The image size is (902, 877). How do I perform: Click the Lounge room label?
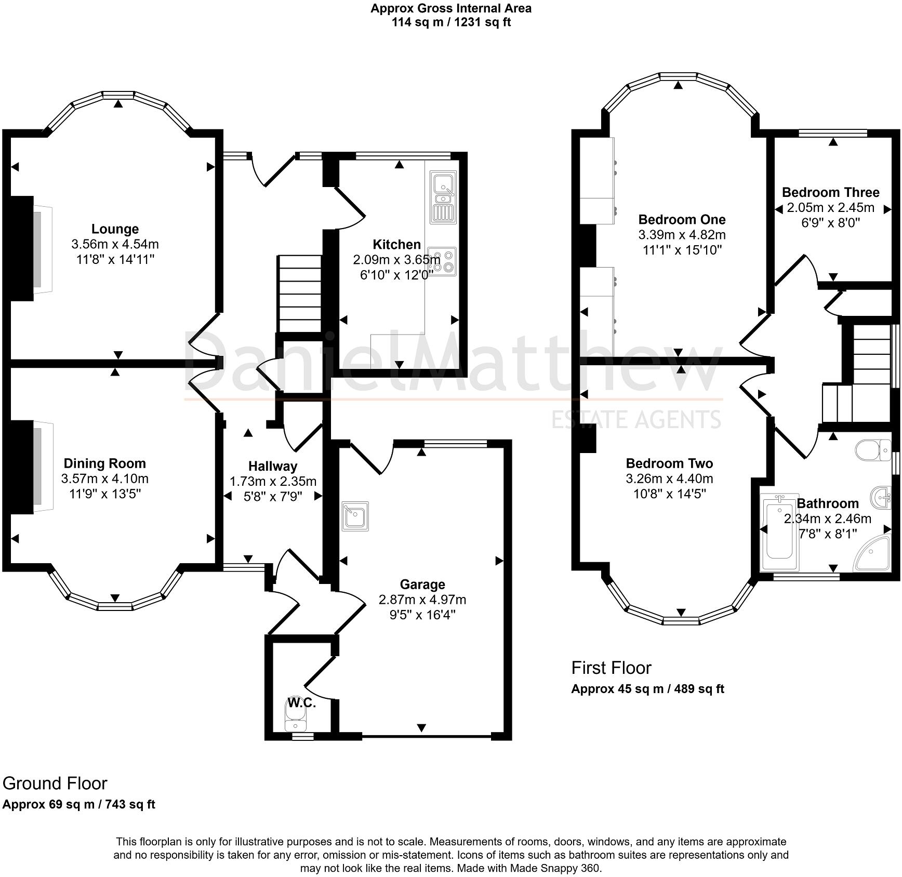(x=115, y=229)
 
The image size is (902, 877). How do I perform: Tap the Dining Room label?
(x=104, y=463)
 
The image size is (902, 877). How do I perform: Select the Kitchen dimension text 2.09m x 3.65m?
(x=396, y=259)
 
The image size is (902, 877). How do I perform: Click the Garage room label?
(x=422, y=585)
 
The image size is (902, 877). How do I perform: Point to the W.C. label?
(x=302, y=703)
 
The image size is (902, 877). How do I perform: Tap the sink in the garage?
(x=355, y=516)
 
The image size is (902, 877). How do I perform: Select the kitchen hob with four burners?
(x=442, y=261)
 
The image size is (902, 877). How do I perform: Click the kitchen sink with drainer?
(x=442, y=198)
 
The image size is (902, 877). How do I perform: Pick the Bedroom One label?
(x=682, y=219)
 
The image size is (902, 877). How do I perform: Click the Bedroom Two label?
(x=669, y=463)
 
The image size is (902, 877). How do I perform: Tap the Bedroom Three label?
(x=830, y=193)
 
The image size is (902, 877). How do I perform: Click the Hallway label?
(x=273, y=466)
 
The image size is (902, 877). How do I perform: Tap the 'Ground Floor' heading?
(x=55, y=783)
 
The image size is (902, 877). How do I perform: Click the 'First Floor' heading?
(x=611, y=668)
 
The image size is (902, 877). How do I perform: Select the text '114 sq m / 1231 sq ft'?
(x=451, y=22)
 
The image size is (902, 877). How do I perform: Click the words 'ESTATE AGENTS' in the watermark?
(x=636, y=419)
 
